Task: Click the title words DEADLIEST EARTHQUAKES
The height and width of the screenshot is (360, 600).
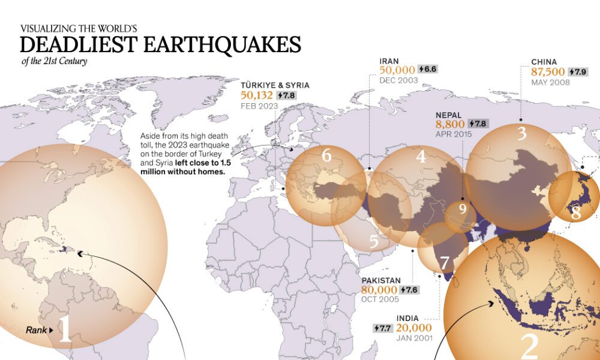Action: (160, 45)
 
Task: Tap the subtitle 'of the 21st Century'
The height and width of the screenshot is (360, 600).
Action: (54, 61)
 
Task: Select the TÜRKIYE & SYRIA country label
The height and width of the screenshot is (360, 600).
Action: (275, 85)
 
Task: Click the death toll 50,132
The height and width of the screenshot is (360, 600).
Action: (257, 95)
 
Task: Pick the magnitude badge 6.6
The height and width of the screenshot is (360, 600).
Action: (428, 70)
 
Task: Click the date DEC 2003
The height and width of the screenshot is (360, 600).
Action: (399, 80)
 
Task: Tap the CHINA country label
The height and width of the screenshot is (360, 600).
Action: (544, 61)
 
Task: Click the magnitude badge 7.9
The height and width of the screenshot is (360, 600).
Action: (577, 71)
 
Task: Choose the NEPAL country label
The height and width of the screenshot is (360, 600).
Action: (449, 113)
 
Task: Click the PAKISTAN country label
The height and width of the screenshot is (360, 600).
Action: (381, 280)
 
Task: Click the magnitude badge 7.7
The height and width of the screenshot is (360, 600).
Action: (382, 328)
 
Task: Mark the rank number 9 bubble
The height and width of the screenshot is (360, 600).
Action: (462, 209)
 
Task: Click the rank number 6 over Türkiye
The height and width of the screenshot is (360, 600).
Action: (326, 156)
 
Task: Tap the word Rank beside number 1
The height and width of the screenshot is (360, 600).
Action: (37, 330)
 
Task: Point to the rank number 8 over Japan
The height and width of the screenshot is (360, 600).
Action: (576, 213)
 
